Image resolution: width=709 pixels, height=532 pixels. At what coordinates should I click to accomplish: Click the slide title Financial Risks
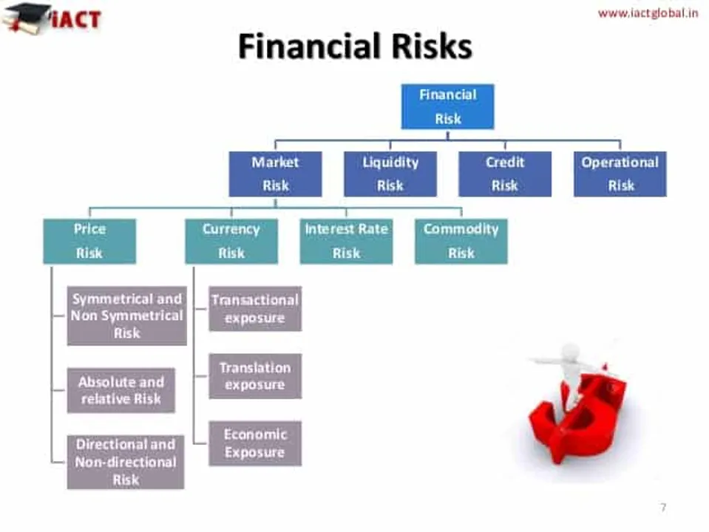click(x=355, y=47)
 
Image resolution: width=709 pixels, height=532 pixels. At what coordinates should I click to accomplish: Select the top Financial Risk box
click(x=447, y=106)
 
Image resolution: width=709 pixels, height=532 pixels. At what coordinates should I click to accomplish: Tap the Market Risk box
click(x=275, y=174)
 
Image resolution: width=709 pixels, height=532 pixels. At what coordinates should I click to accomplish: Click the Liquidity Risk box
click(x=390, y=174)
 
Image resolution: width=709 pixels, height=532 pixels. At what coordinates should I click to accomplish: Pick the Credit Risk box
click(x=504, y=174)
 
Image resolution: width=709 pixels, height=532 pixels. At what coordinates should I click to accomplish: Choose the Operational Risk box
click(x=620, y=174)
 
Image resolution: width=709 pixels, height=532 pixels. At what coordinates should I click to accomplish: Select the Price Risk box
click(x=89, y=241)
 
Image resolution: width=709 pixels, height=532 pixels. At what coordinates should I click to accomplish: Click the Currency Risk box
click(x=231, y=241)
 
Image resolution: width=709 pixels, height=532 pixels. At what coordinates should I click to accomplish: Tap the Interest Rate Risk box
click(x=346, y=241)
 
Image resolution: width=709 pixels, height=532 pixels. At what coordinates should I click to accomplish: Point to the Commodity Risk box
click(x=461, y=241)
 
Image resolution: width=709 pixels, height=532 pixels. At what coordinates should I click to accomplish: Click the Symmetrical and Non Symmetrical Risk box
click(x=126, y=316)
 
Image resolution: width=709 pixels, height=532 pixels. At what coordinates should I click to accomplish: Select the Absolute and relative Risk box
click(x=121, y=390)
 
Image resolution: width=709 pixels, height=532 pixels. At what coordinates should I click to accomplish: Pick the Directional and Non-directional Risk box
click(x=126, y=462)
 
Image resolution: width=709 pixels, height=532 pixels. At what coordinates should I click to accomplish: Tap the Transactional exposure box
click(x=254, y=309)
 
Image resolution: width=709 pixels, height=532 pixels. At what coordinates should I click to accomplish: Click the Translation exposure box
click(x=254, y=376)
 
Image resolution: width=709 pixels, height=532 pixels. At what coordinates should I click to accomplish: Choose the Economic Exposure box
click(x=254, y=443)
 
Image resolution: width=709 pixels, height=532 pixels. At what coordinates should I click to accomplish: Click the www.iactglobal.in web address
click(x=648, y=13)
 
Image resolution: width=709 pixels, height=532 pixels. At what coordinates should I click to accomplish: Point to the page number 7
click(x=662, y=507)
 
